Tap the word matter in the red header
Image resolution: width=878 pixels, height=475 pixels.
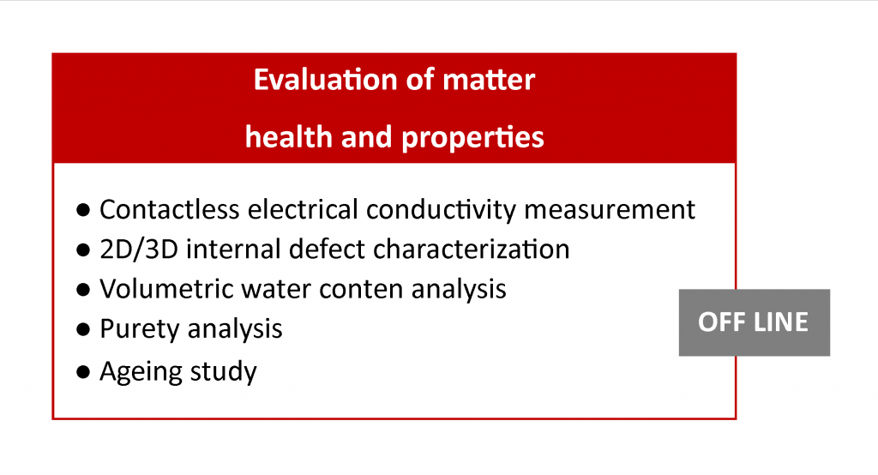coord(489,80)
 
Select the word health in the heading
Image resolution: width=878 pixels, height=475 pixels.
coord(288,136)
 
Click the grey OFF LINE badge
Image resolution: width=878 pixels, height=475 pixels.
coord(755,322)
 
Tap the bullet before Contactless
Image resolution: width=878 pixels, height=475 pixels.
coord(83,211)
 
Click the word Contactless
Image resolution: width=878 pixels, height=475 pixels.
coord(170,209)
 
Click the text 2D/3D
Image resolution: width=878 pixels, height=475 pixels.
coord(139,250)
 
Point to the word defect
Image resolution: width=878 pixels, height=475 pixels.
coord(327,250)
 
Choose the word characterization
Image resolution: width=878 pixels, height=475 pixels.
coord(472,250)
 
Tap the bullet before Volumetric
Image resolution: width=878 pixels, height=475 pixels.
coord(83,290)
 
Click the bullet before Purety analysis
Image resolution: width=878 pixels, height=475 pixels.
coord(83,330)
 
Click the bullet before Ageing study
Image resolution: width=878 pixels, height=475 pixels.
coord(83,372)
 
